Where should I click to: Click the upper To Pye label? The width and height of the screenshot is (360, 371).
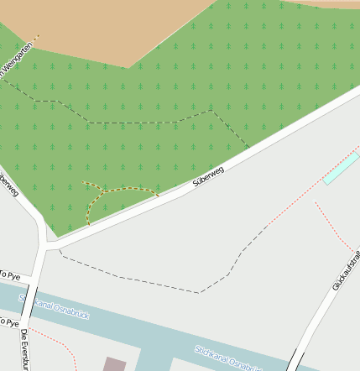pyautogui.click(x=9, y=275)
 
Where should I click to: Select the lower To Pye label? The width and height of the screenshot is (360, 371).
pyautogui.click(x=8, y=321)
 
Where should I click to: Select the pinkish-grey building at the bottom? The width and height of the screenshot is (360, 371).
pyautogui.click(x=114, y=364)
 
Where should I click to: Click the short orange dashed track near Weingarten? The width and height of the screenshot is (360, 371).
pyautogui.click(x=34, y=39)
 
